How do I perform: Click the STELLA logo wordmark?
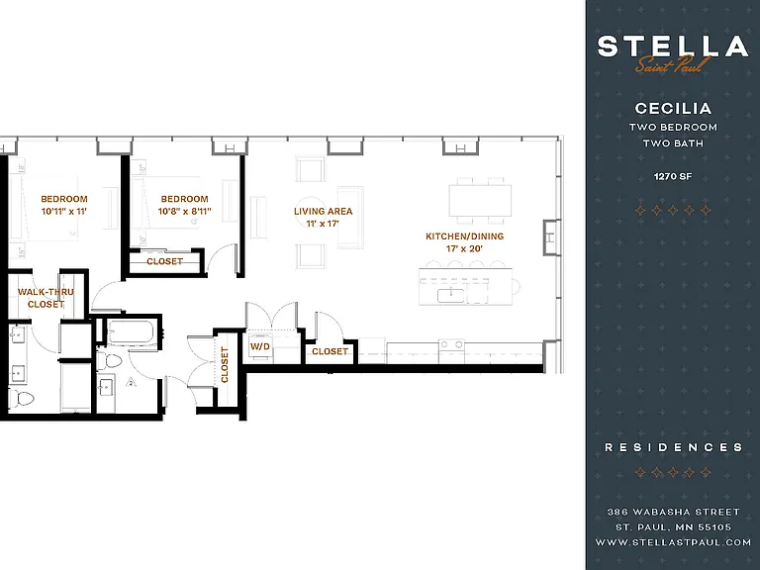[673, 47]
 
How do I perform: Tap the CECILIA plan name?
[673, 108]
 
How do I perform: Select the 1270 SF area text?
[673, 176]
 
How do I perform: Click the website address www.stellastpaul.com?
[673, 542]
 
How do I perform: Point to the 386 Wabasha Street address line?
[673, 512]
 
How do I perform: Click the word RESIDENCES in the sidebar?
[674, 447]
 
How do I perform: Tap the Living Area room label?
[323, 212]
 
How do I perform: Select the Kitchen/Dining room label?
[464, 237]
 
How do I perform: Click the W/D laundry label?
[260, 346]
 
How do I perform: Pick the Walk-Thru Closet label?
[46, 298]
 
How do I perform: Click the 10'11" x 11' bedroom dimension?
[64, 212]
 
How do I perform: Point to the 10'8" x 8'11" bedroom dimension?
[184, 212]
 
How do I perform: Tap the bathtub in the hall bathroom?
[131, 332]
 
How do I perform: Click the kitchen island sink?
[451, 295]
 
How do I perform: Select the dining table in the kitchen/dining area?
[480, 201]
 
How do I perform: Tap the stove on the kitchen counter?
[451, 345]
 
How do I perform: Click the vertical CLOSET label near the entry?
[225, 364]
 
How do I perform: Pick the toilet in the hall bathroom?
[110, 361]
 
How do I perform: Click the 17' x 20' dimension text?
[464, 248]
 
